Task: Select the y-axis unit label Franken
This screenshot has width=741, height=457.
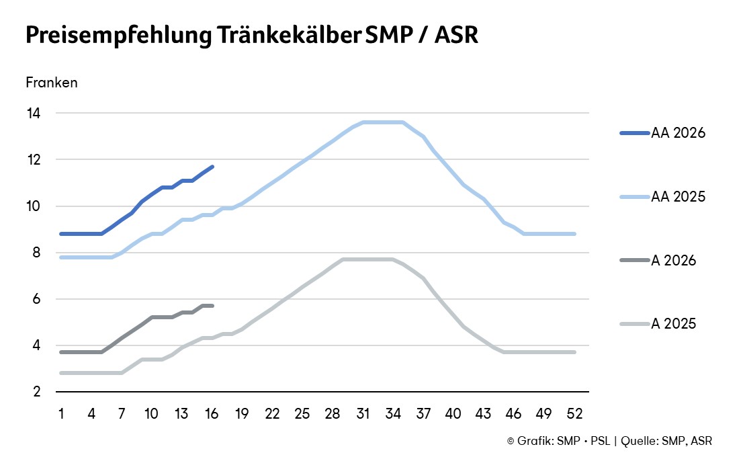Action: click(52, 83)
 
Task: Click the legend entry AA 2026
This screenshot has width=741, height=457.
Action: click(678, 133)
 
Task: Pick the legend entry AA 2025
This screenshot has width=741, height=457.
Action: click(678, 197)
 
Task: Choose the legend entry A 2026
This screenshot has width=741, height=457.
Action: click(673, 261)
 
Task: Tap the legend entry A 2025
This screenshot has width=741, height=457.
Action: click(673, 324)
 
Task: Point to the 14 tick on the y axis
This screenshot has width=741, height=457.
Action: click(33, 114)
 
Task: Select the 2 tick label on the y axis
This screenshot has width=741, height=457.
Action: click(36, 392)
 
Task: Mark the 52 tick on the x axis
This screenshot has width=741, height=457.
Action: click(575, 413)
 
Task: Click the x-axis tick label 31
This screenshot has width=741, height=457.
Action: click(363, 413)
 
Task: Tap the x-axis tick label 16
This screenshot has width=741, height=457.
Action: click(212, 413)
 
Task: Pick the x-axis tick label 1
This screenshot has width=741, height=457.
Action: click(61, 413)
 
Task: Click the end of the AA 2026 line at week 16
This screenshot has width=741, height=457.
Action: click(212, 167)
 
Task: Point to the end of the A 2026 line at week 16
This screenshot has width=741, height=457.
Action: click(212, 306)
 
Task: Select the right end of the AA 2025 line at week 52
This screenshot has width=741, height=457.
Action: click(575, 234)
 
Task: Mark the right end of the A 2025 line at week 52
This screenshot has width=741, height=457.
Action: click(575, 352)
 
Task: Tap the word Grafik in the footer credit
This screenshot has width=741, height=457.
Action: click(533, 441)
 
